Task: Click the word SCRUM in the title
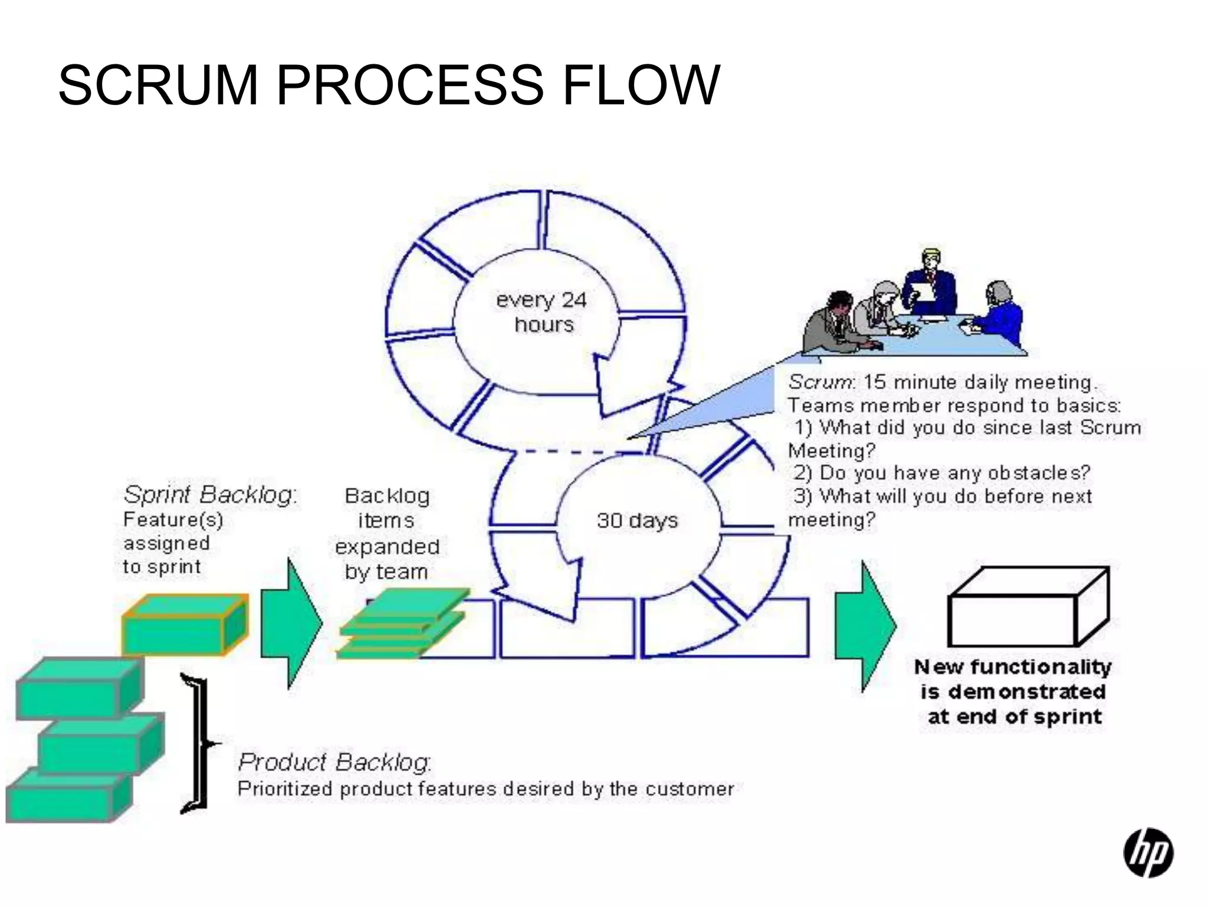coord(158,86)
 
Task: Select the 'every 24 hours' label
coord(541,312)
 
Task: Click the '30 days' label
coord(637,520)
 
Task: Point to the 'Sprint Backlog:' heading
coord(209,494)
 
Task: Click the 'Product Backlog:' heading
coord(334,762)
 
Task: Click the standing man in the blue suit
coord(930,283)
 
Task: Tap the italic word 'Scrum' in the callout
coord(820,382)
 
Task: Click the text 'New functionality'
coord(1012,667)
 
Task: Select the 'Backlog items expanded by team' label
coord(387,533)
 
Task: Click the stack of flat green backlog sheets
coord(403,624)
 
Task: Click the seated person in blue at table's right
coord(999,311)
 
